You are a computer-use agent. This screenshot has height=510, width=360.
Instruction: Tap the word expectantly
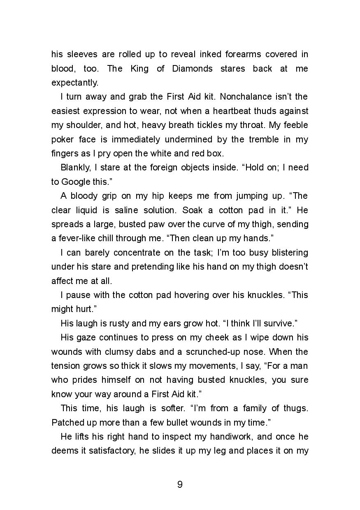pos(75,83)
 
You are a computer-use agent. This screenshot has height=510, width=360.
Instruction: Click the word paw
pos(137,224)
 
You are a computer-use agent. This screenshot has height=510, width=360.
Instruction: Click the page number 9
pos(180,484)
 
